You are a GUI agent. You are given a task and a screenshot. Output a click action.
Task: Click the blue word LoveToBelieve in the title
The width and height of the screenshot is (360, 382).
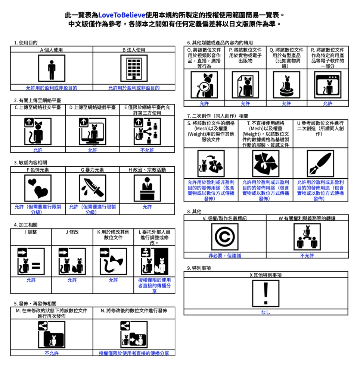(121, 15)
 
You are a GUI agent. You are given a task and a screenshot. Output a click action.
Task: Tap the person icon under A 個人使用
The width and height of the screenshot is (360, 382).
(52, 68)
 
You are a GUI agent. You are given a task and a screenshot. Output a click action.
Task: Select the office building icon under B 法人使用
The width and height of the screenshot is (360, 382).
(134, 68)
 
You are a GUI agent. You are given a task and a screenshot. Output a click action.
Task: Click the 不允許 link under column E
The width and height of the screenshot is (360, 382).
(147, 150)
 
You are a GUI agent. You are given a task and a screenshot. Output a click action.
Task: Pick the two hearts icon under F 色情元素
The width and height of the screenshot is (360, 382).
(38, 188)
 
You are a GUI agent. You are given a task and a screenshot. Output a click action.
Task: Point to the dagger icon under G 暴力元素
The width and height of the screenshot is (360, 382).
(93, 188)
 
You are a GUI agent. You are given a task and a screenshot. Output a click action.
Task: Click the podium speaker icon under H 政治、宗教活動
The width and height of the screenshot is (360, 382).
(147, 188)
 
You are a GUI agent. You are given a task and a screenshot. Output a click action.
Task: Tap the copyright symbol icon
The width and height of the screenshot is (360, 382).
(225, 237)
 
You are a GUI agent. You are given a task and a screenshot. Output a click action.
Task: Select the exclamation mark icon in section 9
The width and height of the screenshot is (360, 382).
(266, 293)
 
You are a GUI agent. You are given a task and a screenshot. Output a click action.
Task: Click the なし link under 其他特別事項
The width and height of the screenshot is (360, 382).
(266, 312)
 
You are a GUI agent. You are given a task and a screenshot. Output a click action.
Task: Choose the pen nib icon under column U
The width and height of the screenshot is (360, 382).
(320, 163)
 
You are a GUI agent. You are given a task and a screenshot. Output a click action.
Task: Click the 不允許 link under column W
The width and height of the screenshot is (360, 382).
(307, 256)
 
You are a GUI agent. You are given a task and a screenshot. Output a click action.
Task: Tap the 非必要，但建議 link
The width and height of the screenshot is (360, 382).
(225, 256)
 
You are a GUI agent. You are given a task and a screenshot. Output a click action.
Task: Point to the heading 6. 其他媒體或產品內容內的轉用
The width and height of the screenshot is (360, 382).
(220, 43)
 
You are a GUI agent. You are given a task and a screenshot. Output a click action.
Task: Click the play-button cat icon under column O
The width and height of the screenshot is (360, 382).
(204, 85)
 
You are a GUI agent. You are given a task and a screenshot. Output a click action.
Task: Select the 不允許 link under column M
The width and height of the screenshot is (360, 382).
(52, 353)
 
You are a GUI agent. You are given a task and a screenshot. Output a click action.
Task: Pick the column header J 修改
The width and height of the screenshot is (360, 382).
(72, 232)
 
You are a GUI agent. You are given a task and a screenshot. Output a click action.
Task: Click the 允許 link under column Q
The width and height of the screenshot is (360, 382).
(286, 104)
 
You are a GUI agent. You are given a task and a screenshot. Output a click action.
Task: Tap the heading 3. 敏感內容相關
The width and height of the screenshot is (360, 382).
(30, 163)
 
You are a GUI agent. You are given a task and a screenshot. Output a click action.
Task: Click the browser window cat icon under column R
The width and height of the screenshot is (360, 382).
(328, 85)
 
